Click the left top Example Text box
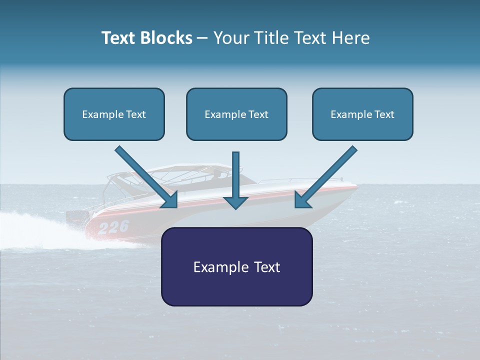(x=114, y=114)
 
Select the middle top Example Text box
(x=236, y=114)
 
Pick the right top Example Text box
(x=362, y=114)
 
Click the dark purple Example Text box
(x=236, y=266)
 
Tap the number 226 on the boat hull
(x=113, y=227)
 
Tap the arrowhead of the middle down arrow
(x=235, y=201)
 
